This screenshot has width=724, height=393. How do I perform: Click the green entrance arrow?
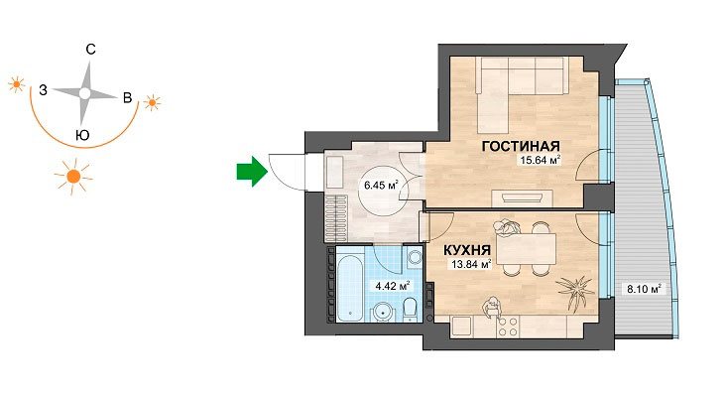252,171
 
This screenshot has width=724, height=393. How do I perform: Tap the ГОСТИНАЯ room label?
521,147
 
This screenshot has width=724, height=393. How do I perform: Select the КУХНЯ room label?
467,250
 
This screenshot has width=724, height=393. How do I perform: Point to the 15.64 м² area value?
541,160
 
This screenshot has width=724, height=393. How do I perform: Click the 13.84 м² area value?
471,265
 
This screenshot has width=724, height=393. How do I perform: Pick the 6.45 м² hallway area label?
382,186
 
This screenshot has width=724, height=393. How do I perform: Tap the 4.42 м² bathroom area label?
393,286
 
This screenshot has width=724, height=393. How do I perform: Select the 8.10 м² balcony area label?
644,290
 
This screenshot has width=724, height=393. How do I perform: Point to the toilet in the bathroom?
410,311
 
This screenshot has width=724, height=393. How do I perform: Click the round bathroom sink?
383,312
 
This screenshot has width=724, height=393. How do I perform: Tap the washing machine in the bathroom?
416,258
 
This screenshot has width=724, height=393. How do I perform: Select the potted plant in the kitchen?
575,292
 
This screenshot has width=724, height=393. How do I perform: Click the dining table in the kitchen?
527,248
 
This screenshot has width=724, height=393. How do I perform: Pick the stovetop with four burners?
507,327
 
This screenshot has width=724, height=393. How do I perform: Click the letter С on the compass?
91,49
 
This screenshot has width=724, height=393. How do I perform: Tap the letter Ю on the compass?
82,135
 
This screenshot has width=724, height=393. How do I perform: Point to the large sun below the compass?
73,176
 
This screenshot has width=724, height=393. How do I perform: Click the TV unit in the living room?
523,198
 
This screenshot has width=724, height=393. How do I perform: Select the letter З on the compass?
43,90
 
